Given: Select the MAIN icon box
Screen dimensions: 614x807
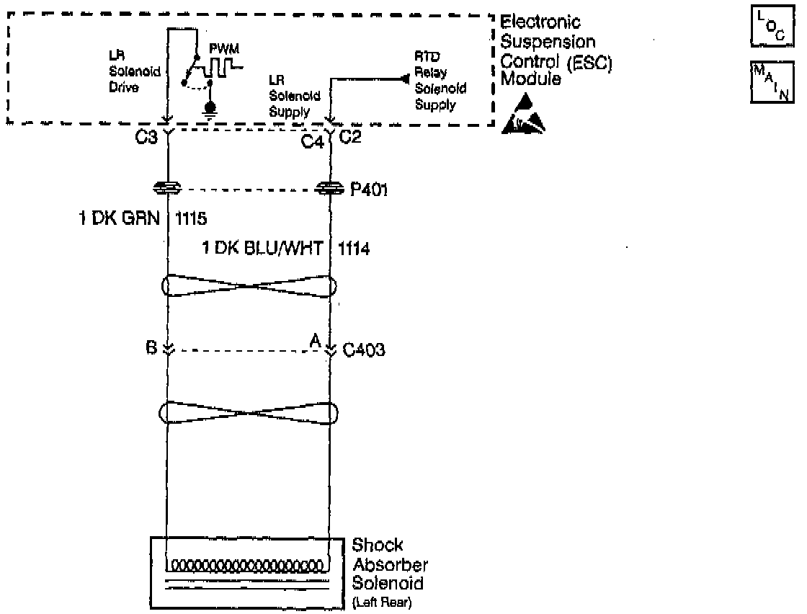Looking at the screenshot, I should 769,82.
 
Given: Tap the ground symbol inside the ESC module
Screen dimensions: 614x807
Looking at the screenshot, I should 211,107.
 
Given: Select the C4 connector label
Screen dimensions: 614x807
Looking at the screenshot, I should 311,140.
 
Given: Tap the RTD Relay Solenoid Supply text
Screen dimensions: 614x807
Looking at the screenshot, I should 440,81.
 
